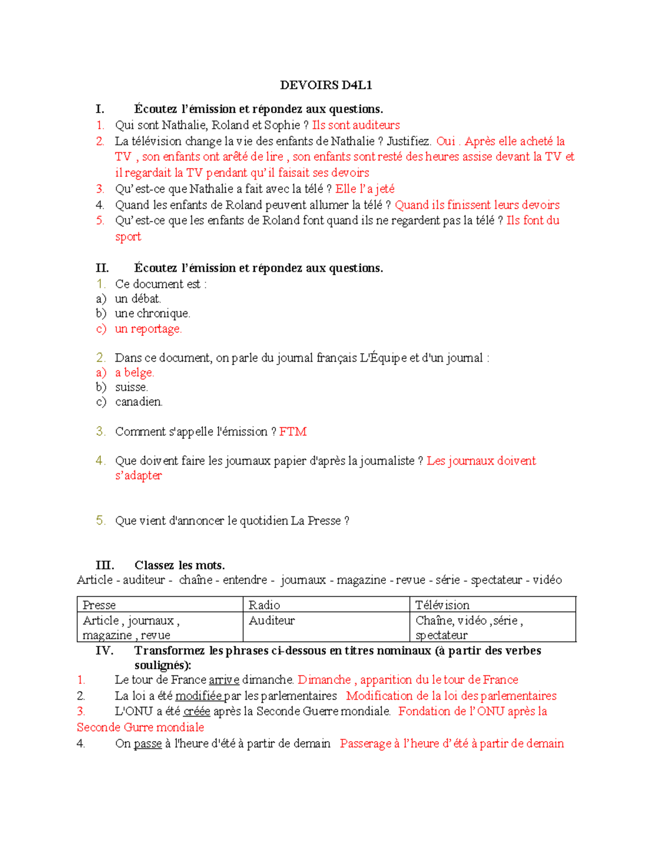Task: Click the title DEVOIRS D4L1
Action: coord(325,85)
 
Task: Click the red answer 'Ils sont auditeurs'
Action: coord(356,125)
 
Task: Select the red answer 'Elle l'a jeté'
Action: coord(365,189)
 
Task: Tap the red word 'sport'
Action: coord(128,237)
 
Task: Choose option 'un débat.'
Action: coord(138,299)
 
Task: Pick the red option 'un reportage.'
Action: coord(148,329)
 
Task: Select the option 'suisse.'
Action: coord(131,387)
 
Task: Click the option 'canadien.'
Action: coord(139,402)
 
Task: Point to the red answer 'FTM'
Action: coord(293,431)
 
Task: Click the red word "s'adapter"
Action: coord(138,476)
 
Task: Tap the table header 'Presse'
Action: coord(99,605)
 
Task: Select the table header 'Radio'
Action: coord(264,605)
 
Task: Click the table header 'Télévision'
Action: coord(442,605)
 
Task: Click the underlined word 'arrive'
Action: coord(224,680)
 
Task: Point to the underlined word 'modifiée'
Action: coord(198,696)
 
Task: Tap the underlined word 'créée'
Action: coord(196,711)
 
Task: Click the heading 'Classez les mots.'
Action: coord(180,565)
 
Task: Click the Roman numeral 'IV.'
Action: coord(104,651)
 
